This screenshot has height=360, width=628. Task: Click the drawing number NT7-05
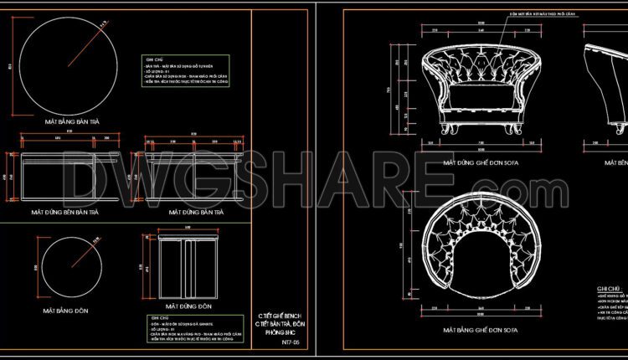289,342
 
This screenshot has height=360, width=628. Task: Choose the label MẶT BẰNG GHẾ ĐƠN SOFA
481,329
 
